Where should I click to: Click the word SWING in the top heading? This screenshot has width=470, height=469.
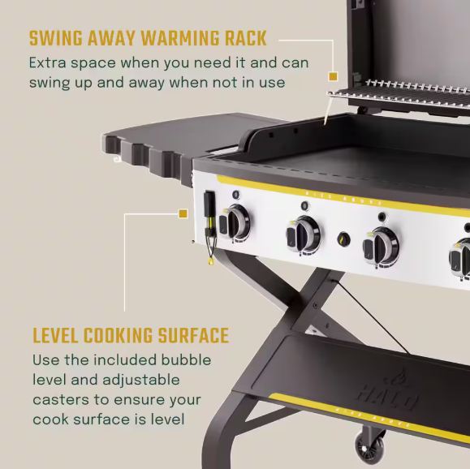click(56, 38)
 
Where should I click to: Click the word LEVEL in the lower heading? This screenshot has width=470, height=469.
click(55, 335)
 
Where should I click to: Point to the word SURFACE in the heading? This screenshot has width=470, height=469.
click(194, 335)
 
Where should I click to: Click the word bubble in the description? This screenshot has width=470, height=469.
click(186, 360)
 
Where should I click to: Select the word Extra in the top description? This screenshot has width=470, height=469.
click(47, 63)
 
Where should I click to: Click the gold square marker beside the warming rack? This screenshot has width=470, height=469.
click(333, 77)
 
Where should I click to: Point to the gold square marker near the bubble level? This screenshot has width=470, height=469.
click(183, 213)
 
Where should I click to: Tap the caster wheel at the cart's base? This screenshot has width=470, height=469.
click(370, 445)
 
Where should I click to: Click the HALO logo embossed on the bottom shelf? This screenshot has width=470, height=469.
click(386, 390)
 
